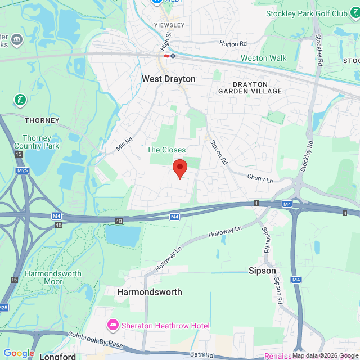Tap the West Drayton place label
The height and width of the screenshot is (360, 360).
(x=168, y=79)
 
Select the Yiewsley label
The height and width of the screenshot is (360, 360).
(x=169, y=25)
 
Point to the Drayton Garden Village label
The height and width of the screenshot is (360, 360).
(x=250, y=87)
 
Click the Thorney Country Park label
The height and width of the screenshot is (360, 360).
(x=40, y=142)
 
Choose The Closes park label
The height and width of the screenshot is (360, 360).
(x=166, y=150)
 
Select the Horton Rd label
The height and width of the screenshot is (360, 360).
(x=233, y=43)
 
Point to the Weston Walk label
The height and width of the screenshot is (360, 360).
(x=263, y=58)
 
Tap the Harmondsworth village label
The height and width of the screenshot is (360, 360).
(x=150, y=292)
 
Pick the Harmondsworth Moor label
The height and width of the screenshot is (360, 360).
(x=56, y=278)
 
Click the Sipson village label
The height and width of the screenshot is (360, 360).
(x=262, y=271)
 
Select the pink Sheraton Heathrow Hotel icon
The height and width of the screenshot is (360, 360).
(x=112, y=326)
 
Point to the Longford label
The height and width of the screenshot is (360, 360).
(x=57, y=356)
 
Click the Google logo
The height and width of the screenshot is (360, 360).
(x=19, y=353)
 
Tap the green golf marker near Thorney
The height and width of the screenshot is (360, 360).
(x=20, y=100)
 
